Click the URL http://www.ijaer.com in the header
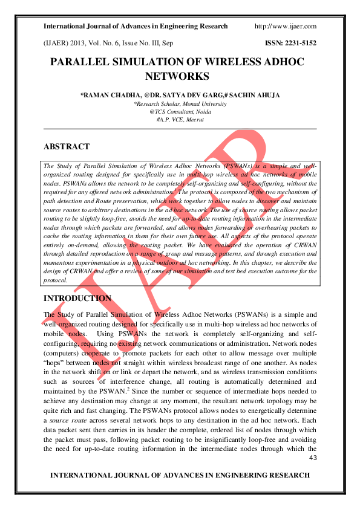(x=286, y=27)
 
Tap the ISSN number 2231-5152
(x=301, y=44)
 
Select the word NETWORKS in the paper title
(x=177, y=77)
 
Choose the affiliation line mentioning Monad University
(x=180, y=104)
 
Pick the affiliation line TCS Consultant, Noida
(x=180, y=112)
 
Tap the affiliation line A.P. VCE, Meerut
(x=180, y=120)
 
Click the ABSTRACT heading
(x=67, y=147)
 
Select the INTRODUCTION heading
(x=77, y=299)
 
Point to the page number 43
(x=313, y=458)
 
